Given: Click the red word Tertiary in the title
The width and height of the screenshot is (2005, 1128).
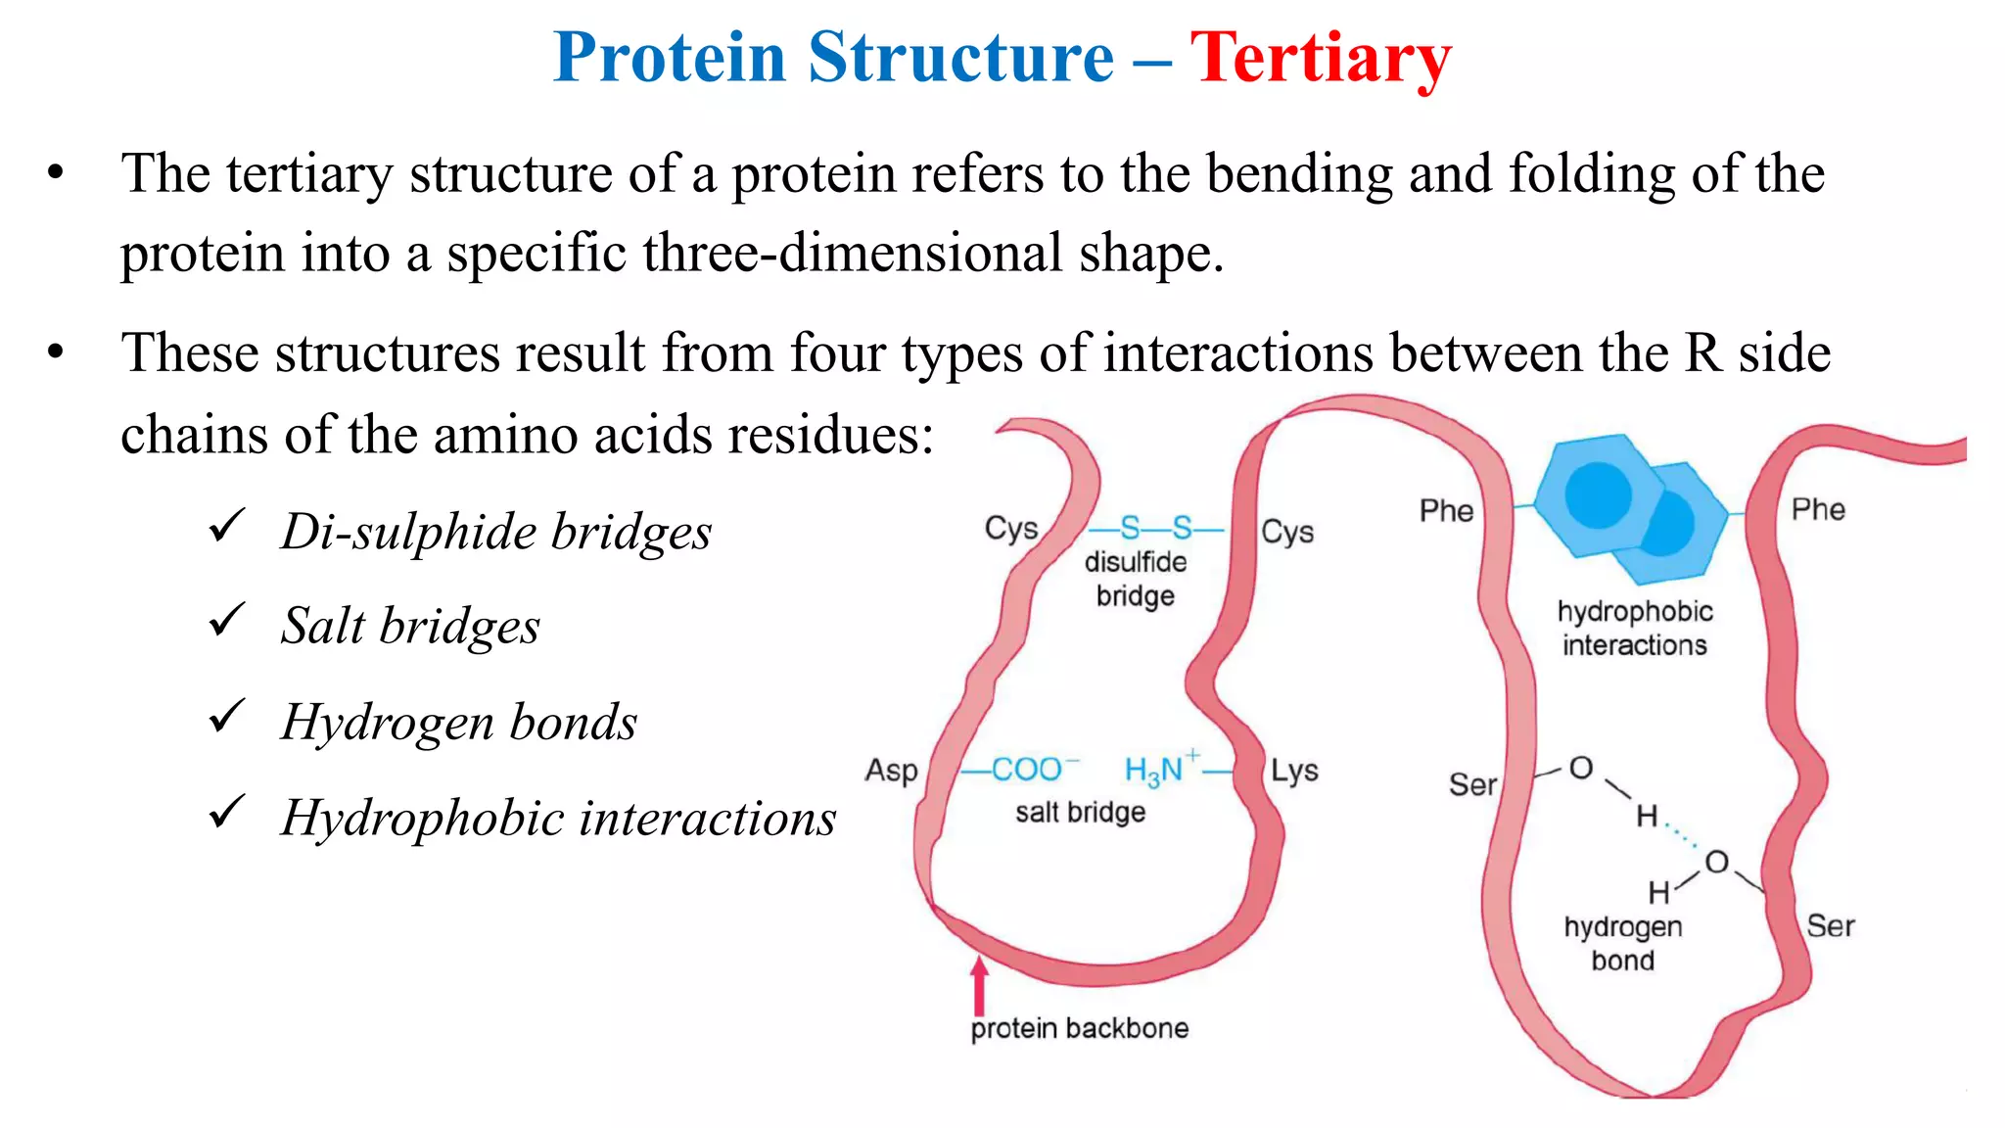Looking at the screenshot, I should pos(1320,59).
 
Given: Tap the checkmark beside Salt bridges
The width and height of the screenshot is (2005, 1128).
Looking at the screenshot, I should pos(226,621).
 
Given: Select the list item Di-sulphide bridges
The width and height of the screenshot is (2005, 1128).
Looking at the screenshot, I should pos(495,533).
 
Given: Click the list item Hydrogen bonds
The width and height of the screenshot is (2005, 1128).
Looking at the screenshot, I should pos(458,723).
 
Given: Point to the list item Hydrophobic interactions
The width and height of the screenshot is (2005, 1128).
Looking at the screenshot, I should pos(558,819).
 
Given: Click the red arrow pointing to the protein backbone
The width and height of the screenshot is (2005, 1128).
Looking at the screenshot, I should pos(978,984).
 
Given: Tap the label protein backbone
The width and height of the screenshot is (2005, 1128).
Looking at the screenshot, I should pos(1079,1028).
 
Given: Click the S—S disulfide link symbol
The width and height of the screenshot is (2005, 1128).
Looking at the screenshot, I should pos(1155,529).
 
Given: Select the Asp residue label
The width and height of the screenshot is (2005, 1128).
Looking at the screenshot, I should pos(891,771).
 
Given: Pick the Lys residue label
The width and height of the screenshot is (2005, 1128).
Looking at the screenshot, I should pos(1294,771).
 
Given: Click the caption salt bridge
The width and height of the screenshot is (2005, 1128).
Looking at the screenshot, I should pos(1080,812).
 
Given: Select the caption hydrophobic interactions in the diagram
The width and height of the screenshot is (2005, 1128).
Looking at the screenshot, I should pos(1634,628).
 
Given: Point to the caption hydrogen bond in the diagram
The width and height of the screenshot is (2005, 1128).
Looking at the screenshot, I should pos(1622,943).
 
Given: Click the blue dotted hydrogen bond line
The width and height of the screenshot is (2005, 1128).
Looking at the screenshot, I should pos(1682,834).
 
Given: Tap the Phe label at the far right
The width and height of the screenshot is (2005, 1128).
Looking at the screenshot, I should pos(1818,510).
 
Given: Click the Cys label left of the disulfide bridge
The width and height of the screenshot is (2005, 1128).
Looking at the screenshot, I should pos(1010,529).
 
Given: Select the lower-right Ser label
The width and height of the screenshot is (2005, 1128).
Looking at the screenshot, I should pos(1830,926).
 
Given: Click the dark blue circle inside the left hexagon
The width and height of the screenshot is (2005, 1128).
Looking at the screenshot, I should pos(1598,494).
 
